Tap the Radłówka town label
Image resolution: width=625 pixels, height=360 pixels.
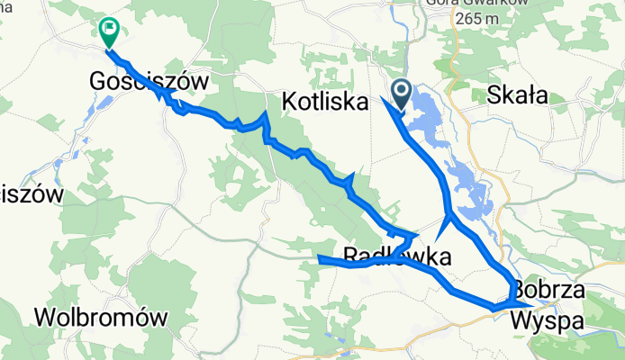(397, 254)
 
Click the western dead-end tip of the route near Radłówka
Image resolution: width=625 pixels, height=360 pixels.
(319, 260)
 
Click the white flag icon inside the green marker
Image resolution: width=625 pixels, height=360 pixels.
(110, 29)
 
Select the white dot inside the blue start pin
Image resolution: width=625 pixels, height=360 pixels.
(401, 88)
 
